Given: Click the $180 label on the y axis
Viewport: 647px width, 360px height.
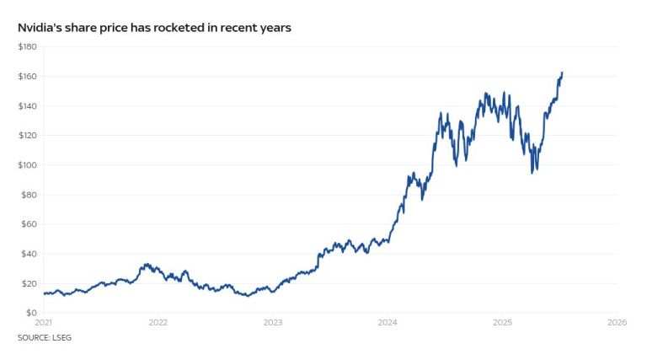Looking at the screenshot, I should coord(27,46).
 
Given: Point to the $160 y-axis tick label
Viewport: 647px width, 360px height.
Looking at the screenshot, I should coord(27,76).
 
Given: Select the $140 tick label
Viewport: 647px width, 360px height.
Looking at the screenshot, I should coord(27,105).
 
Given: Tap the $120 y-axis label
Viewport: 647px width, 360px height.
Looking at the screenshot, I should coord(27,135).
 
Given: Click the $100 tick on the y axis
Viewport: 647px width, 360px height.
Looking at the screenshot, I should coord(27,164).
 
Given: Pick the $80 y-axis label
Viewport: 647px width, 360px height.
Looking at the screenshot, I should coord(29,194).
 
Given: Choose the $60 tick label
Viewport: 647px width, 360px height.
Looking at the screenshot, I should coord(29,223).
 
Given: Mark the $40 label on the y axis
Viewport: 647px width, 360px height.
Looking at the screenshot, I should coord(29,253).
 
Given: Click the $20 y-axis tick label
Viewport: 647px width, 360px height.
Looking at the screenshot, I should coord(29,282).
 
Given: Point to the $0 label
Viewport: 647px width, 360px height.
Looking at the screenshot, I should coord(31,313).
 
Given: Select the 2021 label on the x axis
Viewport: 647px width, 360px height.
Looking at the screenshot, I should coord(43,323).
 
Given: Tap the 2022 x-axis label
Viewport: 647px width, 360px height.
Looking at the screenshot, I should coord(158,323).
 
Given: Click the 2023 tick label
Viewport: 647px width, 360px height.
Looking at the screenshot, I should coord(272,323).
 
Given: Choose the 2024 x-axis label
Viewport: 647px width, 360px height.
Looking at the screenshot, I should coord(388,323).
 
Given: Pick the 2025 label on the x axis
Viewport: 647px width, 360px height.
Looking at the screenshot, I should coord(502,323).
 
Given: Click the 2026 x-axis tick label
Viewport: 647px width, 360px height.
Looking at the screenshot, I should coord(617,323).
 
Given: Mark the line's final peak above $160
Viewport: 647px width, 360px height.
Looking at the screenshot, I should coord(562,73).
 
